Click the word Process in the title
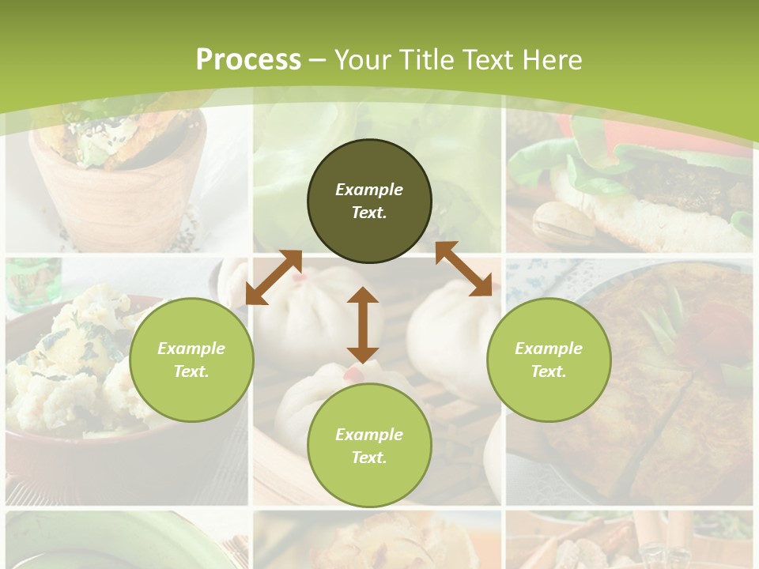(x=248, y=59)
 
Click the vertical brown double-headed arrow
(x=363, y=325)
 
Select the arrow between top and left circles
(x=274, y=277)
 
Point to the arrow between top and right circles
(x=463, y=269)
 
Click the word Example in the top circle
(x=369, y=190)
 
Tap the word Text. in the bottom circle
(x=369, y=458)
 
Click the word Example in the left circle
(x=191, y=349)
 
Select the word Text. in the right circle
(x=549, y=371)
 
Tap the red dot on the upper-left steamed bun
(x=297, y=278)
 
